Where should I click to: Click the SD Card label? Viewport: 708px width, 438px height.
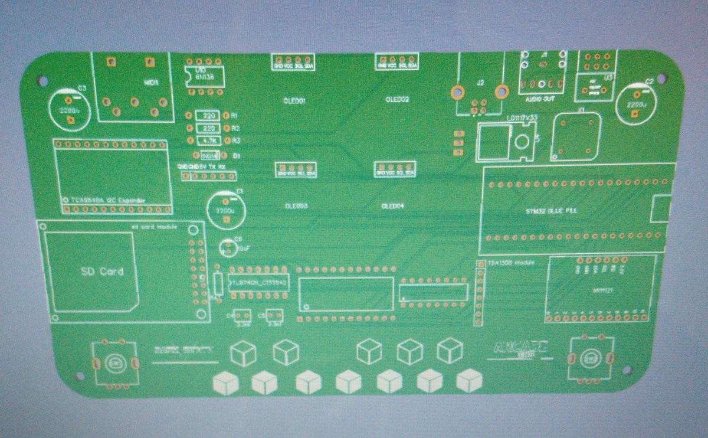(102, 272)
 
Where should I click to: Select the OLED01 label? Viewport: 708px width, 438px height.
(294, 101)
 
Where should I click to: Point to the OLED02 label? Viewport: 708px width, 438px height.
(397, 99)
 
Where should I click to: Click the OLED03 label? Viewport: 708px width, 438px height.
(295, 207)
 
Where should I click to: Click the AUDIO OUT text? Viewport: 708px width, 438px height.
(540, 99)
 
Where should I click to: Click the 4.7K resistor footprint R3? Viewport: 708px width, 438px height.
(208, 140)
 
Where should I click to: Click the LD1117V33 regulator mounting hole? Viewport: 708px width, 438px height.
(521, 142)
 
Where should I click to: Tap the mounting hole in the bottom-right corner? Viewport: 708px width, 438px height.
(626, 370)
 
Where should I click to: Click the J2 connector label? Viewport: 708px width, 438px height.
(480, 83)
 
